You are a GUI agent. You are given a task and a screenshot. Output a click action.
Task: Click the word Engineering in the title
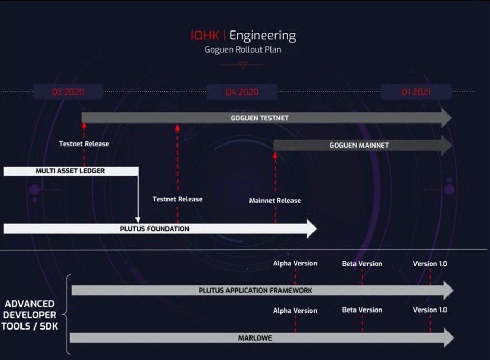click(x=262, y=36)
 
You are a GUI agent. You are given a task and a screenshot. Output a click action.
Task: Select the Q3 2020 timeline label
click(x=68, y=92)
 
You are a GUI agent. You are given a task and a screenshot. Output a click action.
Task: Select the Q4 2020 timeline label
click(x=242, y=92)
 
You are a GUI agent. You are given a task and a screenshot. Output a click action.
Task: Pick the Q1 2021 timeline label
click(x=416, y=92)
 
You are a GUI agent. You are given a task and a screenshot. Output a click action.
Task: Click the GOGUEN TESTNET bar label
click(x=259, y=118)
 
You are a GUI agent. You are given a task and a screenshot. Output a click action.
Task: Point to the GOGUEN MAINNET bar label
click(x=359, y=145)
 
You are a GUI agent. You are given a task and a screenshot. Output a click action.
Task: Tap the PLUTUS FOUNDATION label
click(x=154, y=229)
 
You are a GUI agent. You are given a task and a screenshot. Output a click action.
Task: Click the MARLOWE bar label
click(x=255, y=338)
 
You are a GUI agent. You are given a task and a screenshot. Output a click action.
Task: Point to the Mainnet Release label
click(x=275, y=200)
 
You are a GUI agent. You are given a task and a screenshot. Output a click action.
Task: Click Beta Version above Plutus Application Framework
click(x=362, y=263)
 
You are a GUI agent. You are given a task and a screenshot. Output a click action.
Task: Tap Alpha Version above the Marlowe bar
click(x=295, y=310)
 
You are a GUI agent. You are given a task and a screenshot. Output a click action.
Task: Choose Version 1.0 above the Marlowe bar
click(x=430, y=310)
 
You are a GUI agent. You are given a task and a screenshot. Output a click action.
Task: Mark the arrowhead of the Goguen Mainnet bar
click(x=446, y=145)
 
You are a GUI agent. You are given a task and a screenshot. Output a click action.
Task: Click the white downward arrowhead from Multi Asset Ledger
click(x=138, y=219)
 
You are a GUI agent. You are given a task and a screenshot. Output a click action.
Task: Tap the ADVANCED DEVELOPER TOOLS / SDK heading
click(x=30, y=314)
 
